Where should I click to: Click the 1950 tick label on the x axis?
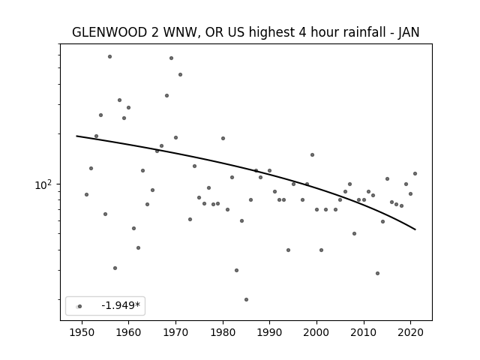[x=82, y=332]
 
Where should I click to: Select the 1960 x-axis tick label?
[x=128, y=332]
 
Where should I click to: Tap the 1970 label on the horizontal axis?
[x=175, y=332]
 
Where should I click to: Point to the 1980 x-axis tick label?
[x=223, y=332]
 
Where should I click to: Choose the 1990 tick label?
[x=270, y=332]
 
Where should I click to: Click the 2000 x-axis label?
[x=316, y=332]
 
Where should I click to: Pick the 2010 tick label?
[x=364, y=332]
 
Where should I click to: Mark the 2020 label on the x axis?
[x=411, y=332]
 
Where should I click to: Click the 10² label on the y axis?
[x=43, y=184]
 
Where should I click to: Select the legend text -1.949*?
[x=121, y=305]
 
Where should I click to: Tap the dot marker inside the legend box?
[x=79, y=306]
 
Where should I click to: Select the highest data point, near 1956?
[x=110, y=57]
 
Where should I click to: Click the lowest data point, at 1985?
[x=247, y=300]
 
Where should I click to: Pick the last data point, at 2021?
[x=415, y=173]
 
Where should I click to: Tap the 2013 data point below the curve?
[x=377, y=273]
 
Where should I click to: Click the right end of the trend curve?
[x=415, y=229]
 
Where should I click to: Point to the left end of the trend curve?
[x=76, y=136]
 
